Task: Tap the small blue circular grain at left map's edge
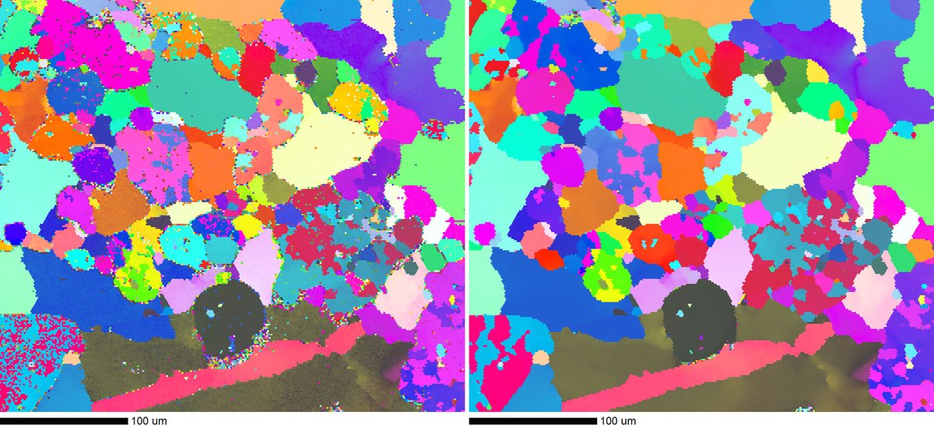click(13, 233)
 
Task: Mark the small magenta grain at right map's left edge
click(484, 233)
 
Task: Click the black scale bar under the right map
click(532, 421)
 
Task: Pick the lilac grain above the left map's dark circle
click(257, 261)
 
